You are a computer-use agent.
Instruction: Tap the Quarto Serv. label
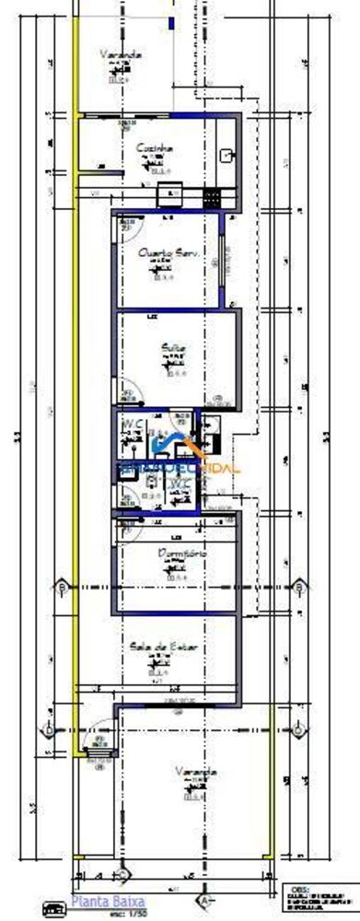pos(169,251)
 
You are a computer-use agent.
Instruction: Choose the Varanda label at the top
pos(122,55)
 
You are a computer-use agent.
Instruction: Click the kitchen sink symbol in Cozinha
pos(227,155)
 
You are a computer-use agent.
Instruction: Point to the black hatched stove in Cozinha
pos(212,195)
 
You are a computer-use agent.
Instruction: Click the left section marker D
pos(48,729)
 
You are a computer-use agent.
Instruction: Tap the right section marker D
pos(303,729)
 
